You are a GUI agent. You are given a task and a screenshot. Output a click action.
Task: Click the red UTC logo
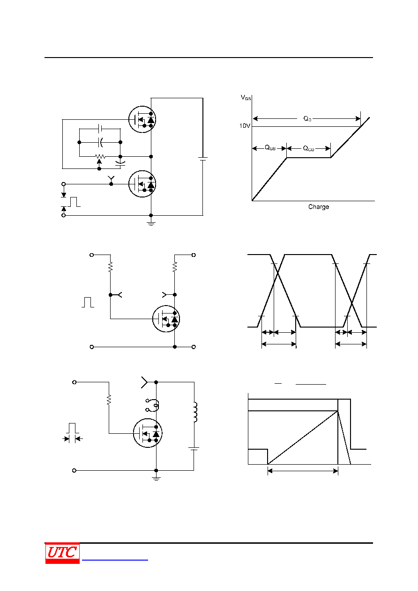coord(62,553)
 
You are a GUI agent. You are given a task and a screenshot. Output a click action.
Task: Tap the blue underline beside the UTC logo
coord(115,560)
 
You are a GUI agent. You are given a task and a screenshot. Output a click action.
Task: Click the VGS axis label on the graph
coord(246,98)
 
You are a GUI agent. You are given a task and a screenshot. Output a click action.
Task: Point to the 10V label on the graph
coord(245,126)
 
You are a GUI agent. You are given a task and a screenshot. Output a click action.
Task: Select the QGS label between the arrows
coord(270,148)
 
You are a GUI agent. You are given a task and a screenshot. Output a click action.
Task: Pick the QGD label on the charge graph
coord(308,148)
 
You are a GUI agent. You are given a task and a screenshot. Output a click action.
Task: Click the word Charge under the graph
coord(318,206)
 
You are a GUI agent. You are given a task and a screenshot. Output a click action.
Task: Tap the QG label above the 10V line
coord(307,119)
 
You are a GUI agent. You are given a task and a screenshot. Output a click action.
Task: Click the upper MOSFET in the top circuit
coord(142,119)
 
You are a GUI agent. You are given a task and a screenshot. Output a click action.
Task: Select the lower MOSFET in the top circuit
coord(142,184)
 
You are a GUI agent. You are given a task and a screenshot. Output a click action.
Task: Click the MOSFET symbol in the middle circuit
coord(166,319)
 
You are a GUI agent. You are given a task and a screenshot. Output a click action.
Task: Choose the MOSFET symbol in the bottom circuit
coord(148,433)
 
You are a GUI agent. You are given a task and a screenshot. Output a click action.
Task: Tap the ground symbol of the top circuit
coord(151,224)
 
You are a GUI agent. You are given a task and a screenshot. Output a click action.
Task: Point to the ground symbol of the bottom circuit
coord(156,479)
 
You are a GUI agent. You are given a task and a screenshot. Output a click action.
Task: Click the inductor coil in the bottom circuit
coord(195,412)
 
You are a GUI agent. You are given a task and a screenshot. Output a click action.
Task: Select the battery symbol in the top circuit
coord(202,159)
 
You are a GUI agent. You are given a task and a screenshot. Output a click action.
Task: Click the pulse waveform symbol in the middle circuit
coord(88,302)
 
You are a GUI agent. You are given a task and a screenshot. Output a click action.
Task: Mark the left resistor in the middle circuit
coord(111,266)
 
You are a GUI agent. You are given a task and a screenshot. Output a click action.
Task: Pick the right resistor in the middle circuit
coord(175,266)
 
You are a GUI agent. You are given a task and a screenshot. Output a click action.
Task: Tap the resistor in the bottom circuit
coord(109,400)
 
